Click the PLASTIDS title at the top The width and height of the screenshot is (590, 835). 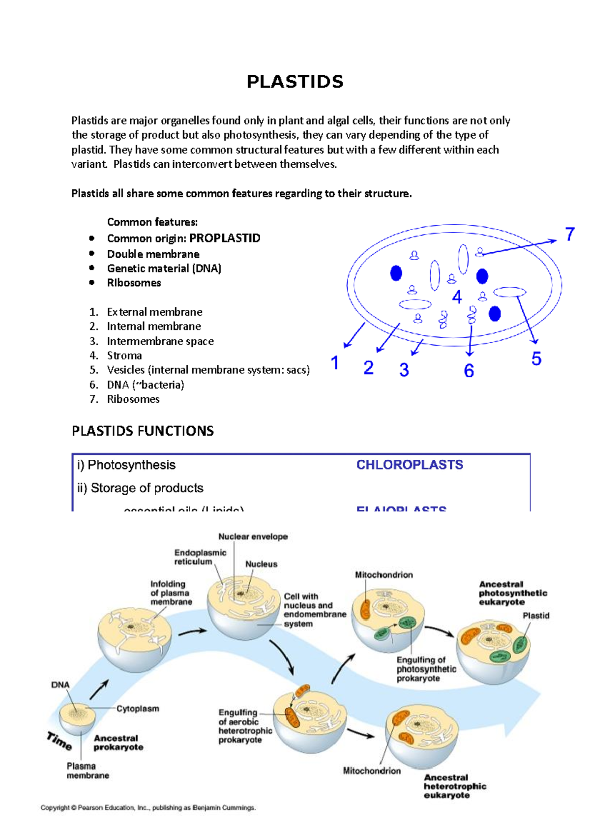(295, 82)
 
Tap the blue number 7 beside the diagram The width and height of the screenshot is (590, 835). (570, 235)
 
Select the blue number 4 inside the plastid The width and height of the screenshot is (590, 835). (457, 297)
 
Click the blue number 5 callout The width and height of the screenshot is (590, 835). (536, 359)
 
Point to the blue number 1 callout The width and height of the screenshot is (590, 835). (335, 363)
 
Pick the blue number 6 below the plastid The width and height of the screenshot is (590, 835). (469, 371)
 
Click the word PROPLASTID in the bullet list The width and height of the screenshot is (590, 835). (225, 238)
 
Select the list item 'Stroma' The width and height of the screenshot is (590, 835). (124, 356)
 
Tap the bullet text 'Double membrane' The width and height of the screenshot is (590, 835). (153, 254)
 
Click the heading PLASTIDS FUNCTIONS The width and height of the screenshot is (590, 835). (143, 431)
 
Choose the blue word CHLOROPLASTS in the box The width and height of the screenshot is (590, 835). (409, 465)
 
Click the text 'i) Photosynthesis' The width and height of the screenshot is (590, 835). (126, 465)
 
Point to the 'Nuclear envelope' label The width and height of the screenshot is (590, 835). (253, 537)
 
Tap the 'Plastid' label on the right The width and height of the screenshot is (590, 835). (535, 616)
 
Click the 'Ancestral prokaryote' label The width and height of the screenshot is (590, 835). (118, 743)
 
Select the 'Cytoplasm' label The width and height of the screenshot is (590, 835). (138, 709)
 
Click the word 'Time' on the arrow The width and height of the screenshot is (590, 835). (59, 741)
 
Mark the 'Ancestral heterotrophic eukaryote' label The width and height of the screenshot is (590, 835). (454, 786)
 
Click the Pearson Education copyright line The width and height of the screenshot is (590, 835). (148, 807)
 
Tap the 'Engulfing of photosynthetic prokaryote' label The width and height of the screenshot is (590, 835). (426, 669)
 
